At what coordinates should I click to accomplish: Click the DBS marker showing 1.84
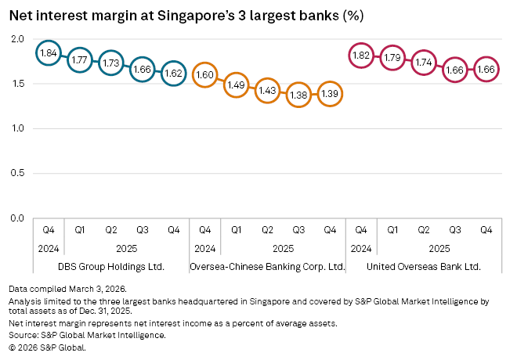tap(49, 53)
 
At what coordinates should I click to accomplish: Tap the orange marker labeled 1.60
tap(204, 74)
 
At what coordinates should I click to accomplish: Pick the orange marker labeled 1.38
tap(298, 94)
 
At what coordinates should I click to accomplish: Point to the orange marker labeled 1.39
tap(330, 93)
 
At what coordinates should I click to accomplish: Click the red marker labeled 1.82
tap(361, 55)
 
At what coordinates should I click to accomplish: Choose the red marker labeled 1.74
tap(424, 62)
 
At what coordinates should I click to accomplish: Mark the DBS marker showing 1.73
tap(111, 63)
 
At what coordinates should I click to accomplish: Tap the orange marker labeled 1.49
tap(236, 85)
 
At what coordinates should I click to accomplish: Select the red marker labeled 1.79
tap(392, 57)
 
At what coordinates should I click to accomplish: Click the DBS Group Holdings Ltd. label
tap(110, 267)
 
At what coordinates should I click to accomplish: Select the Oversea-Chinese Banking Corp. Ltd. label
tap(267, 267)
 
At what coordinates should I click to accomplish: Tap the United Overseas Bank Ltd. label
tap(424, 267)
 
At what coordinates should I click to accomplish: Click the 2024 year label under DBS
tap(49, 248)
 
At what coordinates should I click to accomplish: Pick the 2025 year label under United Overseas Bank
tap(439, 248)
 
